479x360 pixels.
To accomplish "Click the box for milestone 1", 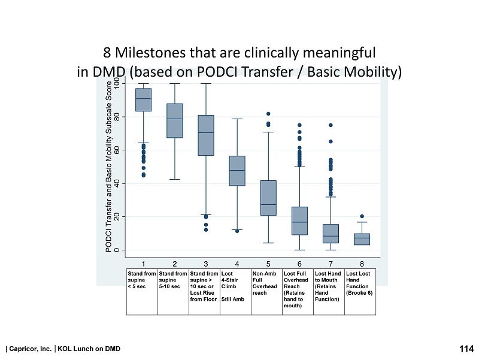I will click(x=144, y=99).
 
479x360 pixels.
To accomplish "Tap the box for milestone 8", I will click(x=362, y=239).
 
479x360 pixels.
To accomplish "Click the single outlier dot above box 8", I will click(x=362, y=216).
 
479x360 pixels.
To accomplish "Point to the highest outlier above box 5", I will click(x=268, y=114).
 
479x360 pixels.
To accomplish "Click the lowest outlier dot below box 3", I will click(x=206, y=229).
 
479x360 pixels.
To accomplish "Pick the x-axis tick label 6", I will click(x=299, y=263).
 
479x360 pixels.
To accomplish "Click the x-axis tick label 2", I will click(x=175, y=263).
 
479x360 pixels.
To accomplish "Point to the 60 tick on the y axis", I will click(x=116, y=150).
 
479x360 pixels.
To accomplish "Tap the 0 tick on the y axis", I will click(x=116, y=249).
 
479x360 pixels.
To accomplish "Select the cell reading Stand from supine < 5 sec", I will click(x=141, y=280).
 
